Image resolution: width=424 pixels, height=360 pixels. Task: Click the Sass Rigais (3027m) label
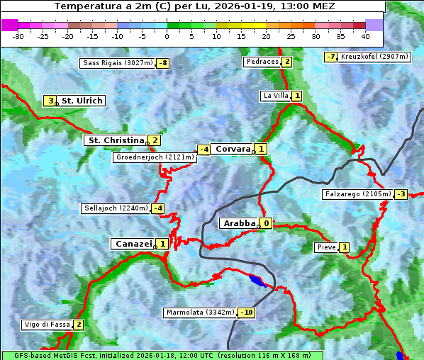117,63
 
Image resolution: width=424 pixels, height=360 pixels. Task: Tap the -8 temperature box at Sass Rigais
163,63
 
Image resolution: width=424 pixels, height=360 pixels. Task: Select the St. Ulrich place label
82,101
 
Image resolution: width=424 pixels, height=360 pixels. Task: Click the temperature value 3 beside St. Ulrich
50,101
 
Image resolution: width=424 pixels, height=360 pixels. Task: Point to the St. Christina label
115,140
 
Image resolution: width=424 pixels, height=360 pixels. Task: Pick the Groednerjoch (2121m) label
155,157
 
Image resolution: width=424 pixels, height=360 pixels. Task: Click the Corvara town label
233,149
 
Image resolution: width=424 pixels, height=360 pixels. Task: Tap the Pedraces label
261,62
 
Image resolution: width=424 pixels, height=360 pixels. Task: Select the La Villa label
274,96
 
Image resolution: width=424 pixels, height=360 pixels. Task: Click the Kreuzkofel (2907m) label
374,57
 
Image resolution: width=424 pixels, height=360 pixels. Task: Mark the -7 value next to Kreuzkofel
330,57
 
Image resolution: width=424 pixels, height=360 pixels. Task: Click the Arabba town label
238,223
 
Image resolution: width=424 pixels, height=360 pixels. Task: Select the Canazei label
133,244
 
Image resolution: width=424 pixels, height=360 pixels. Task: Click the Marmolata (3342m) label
200,313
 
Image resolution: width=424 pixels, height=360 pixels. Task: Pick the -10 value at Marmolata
247,313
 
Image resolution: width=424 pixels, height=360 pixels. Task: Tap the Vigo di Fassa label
47,325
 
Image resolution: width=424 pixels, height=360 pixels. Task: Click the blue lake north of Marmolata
258,281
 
